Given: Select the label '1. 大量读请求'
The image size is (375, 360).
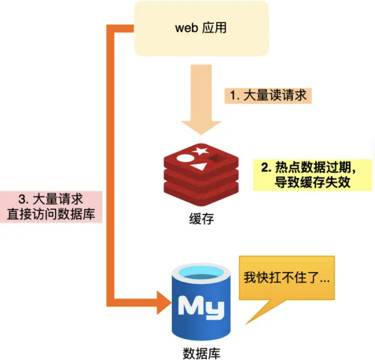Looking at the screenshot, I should coord(268,95).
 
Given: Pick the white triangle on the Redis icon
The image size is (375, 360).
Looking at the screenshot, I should coord(199,166).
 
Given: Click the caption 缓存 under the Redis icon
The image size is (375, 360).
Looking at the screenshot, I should coord(200,219).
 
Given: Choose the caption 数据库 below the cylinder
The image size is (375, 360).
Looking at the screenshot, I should coord(201,352).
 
